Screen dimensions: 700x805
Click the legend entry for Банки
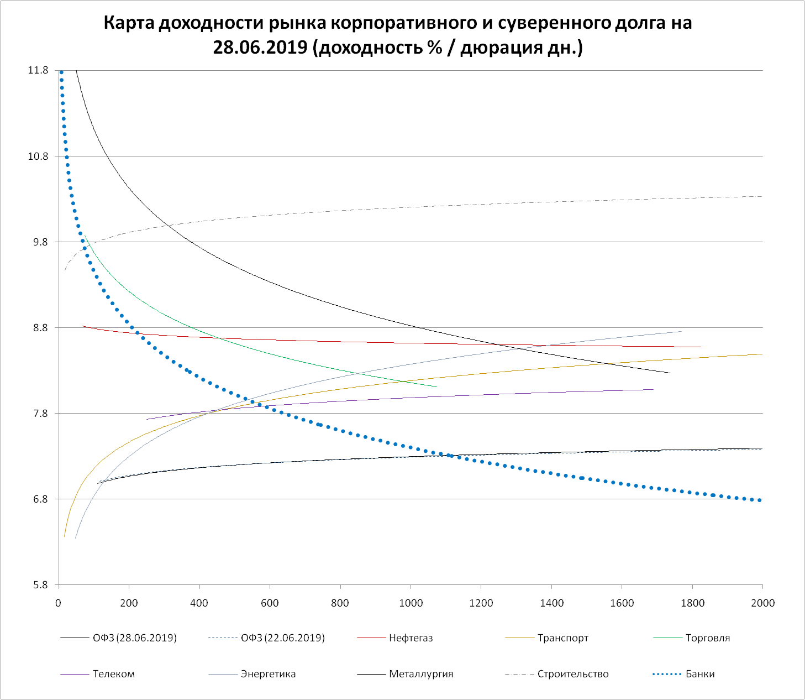pyautogui.click(x=700, y=674)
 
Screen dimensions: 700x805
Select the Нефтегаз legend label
pyautogui.click(x=411, y=638)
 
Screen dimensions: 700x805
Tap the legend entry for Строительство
pyautogui.click(x=572, y=674)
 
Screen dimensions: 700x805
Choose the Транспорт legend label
pyautogui.click(x=562, y=638)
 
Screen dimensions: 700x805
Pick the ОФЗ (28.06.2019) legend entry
pyautogui.click(x=134, y=638)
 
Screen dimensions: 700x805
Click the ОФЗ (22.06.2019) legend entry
pyautogui.click(x=282, y=638)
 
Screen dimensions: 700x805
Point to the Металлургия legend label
pyautogui.click(x=420, y=674)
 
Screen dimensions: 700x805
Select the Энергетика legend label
pyautogui.click(x=268, y=674)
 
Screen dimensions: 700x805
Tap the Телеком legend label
pyautogui.click(x=113, y=674)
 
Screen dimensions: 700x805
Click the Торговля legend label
pyautogui.click(x=707, y=638)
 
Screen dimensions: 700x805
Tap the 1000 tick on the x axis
pyautogui.click(x=411, y=603)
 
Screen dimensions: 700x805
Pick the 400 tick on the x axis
pyautogui.click(x=199, y=603)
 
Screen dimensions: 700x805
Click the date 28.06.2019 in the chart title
pyautogui.click(x=260, y=48)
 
